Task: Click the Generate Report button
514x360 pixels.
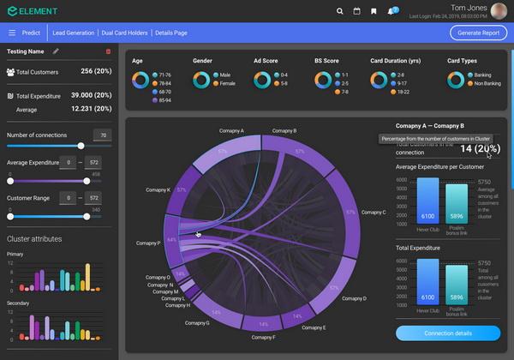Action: (x=478, y=33)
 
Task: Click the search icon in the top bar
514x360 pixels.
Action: (x=340, y=11)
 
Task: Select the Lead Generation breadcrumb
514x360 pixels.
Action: (x=73, y=33)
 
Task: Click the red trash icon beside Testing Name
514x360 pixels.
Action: (x=108, y=51)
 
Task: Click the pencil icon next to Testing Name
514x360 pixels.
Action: (x=56, y=51)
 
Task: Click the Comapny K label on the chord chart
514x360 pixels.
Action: (x=158, y=189)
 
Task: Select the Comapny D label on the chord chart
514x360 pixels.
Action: (x=352, y=298)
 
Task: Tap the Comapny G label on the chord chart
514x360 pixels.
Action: (x=196, y=323)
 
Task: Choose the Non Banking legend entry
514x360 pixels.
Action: (x=486, y=84)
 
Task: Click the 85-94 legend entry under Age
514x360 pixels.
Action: (x=162, y=100)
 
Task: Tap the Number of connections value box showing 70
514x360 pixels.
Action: (x=102, y=135)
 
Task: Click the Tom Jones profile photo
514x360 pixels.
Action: (x=499, y=10)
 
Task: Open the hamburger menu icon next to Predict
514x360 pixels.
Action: (x=12, y=33)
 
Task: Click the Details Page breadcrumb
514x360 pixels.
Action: (x=171, y=33)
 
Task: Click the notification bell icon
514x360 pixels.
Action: (x=391, y=11)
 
